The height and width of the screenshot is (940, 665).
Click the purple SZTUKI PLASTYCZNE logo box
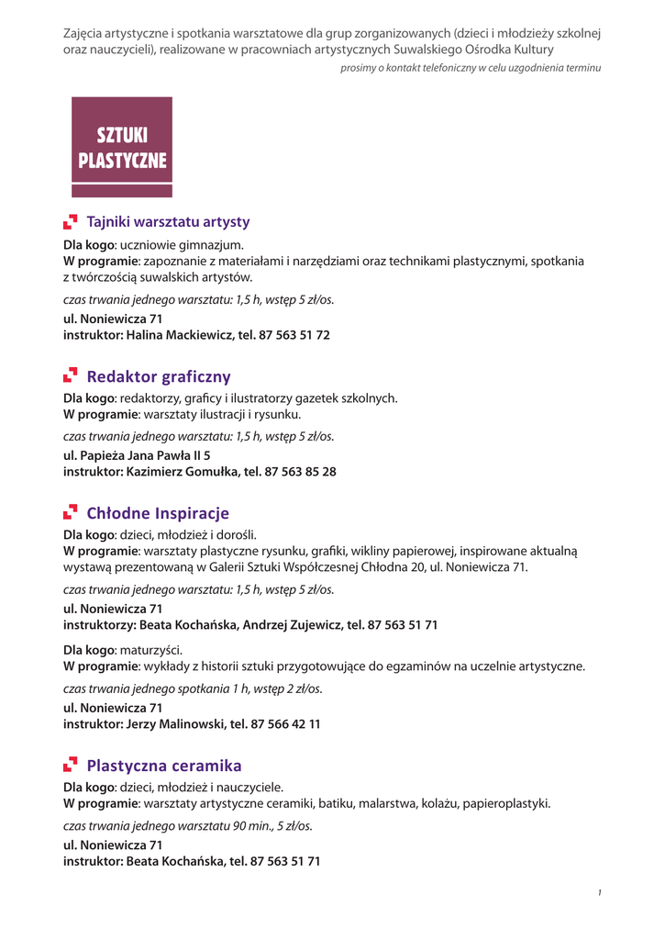coord(122,147)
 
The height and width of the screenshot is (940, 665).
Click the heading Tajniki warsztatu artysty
coord(168,222)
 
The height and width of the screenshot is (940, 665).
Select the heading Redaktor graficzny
coord(159,376)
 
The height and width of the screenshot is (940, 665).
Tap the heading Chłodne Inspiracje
coord(158,513)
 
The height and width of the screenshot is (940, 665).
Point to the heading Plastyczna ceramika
coord(164,766)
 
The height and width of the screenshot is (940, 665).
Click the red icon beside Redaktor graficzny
coord(71,376)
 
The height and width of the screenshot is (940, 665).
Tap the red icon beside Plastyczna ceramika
coord(71,766)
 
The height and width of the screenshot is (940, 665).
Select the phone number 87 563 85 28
coord(300,472)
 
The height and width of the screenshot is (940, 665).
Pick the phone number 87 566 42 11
coord(288,723)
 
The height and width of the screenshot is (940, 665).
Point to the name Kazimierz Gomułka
coord(181,472)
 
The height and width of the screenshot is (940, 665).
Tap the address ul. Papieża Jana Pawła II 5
coord(137,455)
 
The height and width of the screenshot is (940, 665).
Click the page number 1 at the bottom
coord(598,893)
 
